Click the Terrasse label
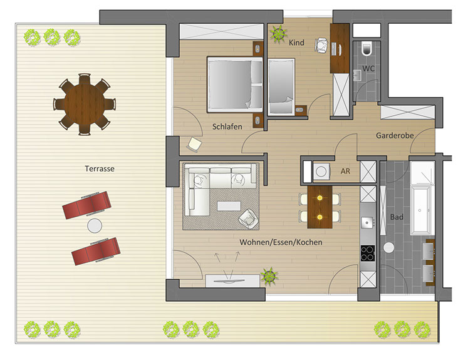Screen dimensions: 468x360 100,169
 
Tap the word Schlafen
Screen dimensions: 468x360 227,126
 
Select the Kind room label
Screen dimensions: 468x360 296,43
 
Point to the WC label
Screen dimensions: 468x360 368,69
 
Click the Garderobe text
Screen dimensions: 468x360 395,136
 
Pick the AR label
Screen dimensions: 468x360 345,171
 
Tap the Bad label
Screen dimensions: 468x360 397,217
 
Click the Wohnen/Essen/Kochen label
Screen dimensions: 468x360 281,242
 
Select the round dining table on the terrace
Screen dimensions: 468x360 85,105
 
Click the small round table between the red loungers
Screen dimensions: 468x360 95,226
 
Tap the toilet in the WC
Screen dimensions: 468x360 367,49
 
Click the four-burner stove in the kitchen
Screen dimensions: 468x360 368,254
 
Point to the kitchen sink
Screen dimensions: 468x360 367,222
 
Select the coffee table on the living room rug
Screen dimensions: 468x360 229,206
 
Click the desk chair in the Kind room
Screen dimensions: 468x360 321,46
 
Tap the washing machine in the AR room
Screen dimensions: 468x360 321,172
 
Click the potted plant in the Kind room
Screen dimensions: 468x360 279,34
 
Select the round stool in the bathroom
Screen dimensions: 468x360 388,247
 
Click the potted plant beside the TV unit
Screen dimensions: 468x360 269,277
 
